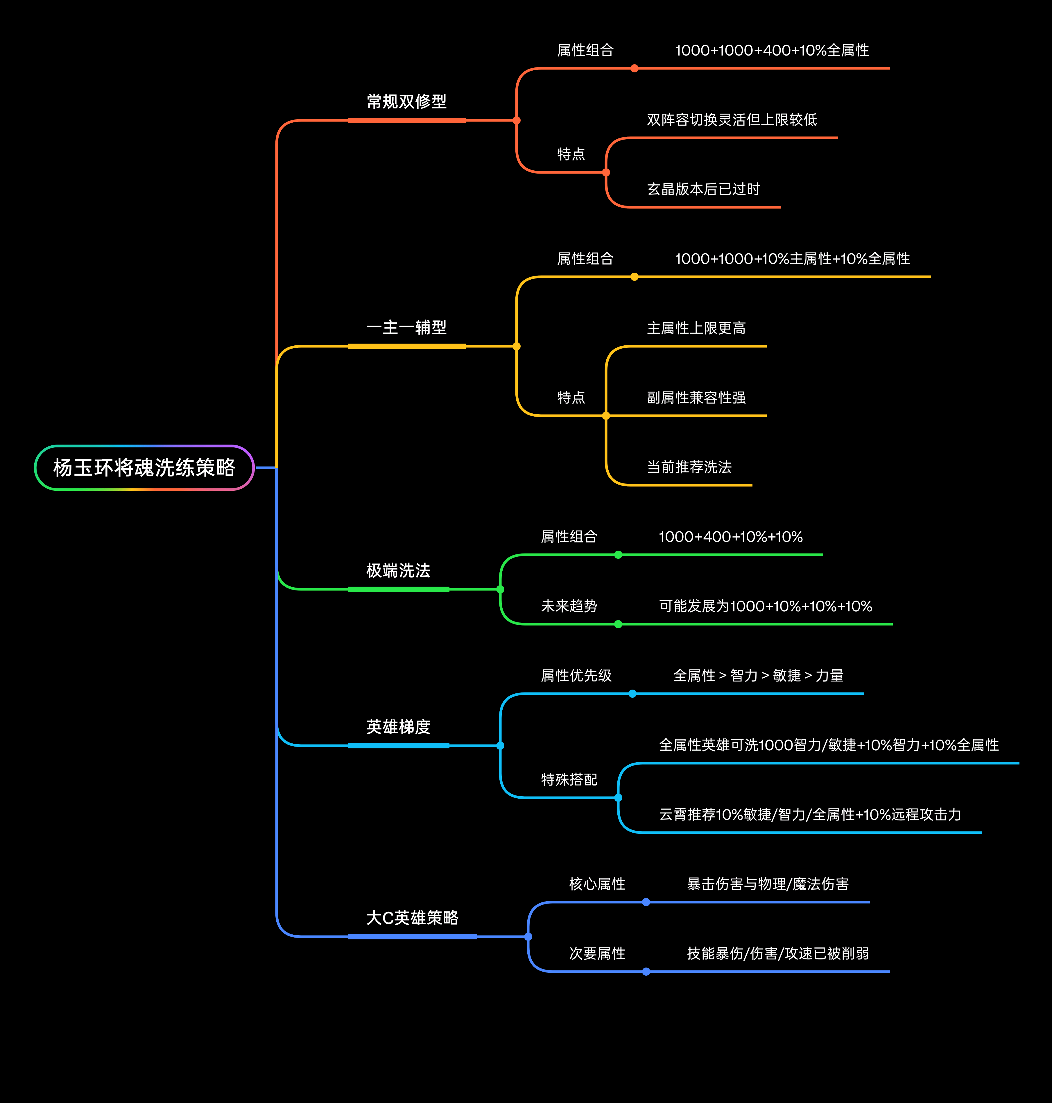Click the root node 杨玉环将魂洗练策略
[x=144, y=467]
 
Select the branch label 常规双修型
[x=406, y=101]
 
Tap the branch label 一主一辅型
[x=406, y=328]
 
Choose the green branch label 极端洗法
[x=398, y=571]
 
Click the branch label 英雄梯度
[x=398, y=727]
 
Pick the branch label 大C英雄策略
[x=412, y=918]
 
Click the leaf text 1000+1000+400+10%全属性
[x=772, y=51]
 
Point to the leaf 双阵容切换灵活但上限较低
[x=732, y=119]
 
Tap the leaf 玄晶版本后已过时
[x=703, y=189]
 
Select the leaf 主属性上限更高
[x=696, y=328]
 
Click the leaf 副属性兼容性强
[x=696, y=398]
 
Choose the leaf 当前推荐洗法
[x=689, y=467]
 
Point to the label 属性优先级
[x=576, y=675]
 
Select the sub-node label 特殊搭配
[x=569, y=780]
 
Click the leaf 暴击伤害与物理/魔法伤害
[x=768, y=884]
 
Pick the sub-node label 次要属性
[x=597, y=954]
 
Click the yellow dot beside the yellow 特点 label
[x=606, y=416]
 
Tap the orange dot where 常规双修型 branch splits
[x=517, y=120]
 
